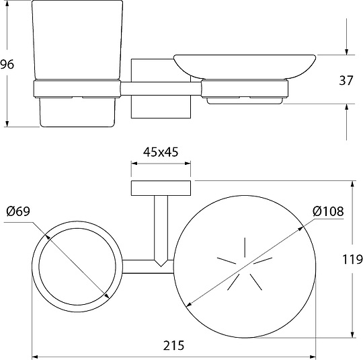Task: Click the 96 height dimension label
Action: (7, 64)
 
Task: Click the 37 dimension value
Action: (346, 81)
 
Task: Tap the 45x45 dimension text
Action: (161, 152)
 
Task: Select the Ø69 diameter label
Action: (18, 211)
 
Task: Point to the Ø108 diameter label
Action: (328, 211)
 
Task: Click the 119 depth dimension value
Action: (352, 259)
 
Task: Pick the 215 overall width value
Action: (173, 345)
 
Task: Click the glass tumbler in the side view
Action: (77, 40)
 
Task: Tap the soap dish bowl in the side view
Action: (245, 67)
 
